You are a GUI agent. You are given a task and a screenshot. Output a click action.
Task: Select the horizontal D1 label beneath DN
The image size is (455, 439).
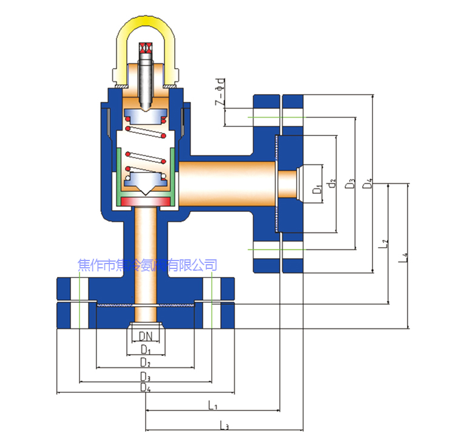[145, 349]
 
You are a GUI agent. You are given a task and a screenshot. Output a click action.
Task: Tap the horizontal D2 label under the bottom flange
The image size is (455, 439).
[145, 362]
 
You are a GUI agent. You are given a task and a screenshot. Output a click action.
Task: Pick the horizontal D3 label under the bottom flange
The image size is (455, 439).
[145, 378]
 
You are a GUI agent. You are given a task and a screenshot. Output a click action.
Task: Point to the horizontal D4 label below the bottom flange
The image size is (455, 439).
[145, 388]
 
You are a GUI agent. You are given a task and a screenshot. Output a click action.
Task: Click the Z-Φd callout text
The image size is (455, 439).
[220, 92]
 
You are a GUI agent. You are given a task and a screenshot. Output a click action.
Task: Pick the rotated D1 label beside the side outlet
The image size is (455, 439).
[316, 189]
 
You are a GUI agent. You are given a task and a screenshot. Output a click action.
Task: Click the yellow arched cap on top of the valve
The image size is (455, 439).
[145, 36]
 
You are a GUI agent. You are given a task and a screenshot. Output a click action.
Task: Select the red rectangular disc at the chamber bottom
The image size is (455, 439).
[145, 201]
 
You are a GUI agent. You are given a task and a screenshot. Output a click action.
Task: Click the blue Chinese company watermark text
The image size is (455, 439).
[148, 265]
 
